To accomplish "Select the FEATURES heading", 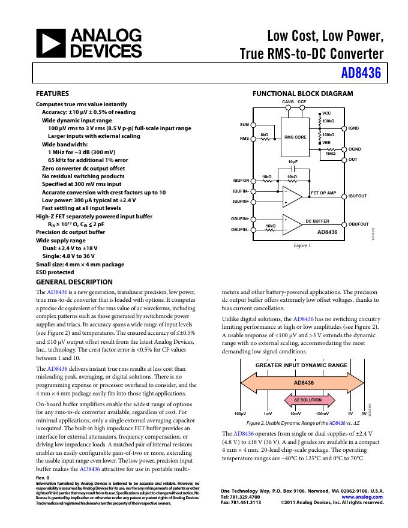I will [x=53, y=94].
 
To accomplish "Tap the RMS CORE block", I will [x=295, y=137].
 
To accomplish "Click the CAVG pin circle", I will [x=287, y=109].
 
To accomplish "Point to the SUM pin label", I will [x=244, y=124].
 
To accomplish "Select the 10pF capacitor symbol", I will [x=293, y=169].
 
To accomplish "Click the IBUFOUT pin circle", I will [x=344, y=196].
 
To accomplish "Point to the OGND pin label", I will [x=355, y=149].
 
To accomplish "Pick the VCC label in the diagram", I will [x=326, y=113].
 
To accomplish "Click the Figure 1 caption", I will [x=302, y=246].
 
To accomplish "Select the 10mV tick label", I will [x=295, y=414].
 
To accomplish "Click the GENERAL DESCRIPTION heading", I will [x=74, y=282].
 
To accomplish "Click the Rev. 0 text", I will [x=43, y=478].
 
